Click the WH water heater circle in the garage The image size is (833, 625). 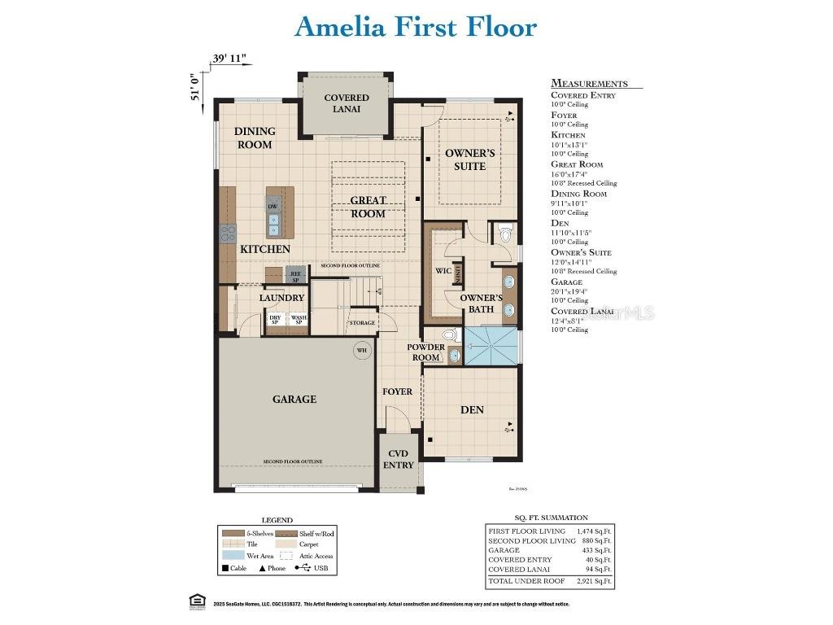pyautogui.click(x=361, y=351)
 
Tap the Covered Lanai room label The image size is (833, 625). pyautogui.click(x=347, y=103)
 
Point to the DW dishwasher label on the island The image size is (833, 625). pyautogui.click(x=273, y=207)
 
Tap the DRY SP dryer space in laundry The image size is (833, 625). pyautogui.click(x=275, y=320)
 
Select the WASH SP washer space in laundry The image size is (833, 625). pyautogui.click(x=299, y=320)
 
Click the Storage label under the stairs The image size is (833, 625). pyautogui.click(x=362, y=323)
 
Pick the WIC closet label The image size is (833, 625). pyautogui.click(x=443, y=270)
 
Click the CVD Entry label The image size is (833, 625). pyautogui.click(x=399, y=459)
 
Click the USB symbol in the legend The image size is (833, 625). pyautogui.click(x=306, y=568)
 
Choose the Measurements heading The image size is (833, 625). pyautogui.click(x=589, y=83)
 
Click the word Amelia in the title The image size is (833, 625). pyautogui.click(x=340, y=26)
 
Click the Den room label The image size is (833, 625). pyautogui.click(x=472, y=409)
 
